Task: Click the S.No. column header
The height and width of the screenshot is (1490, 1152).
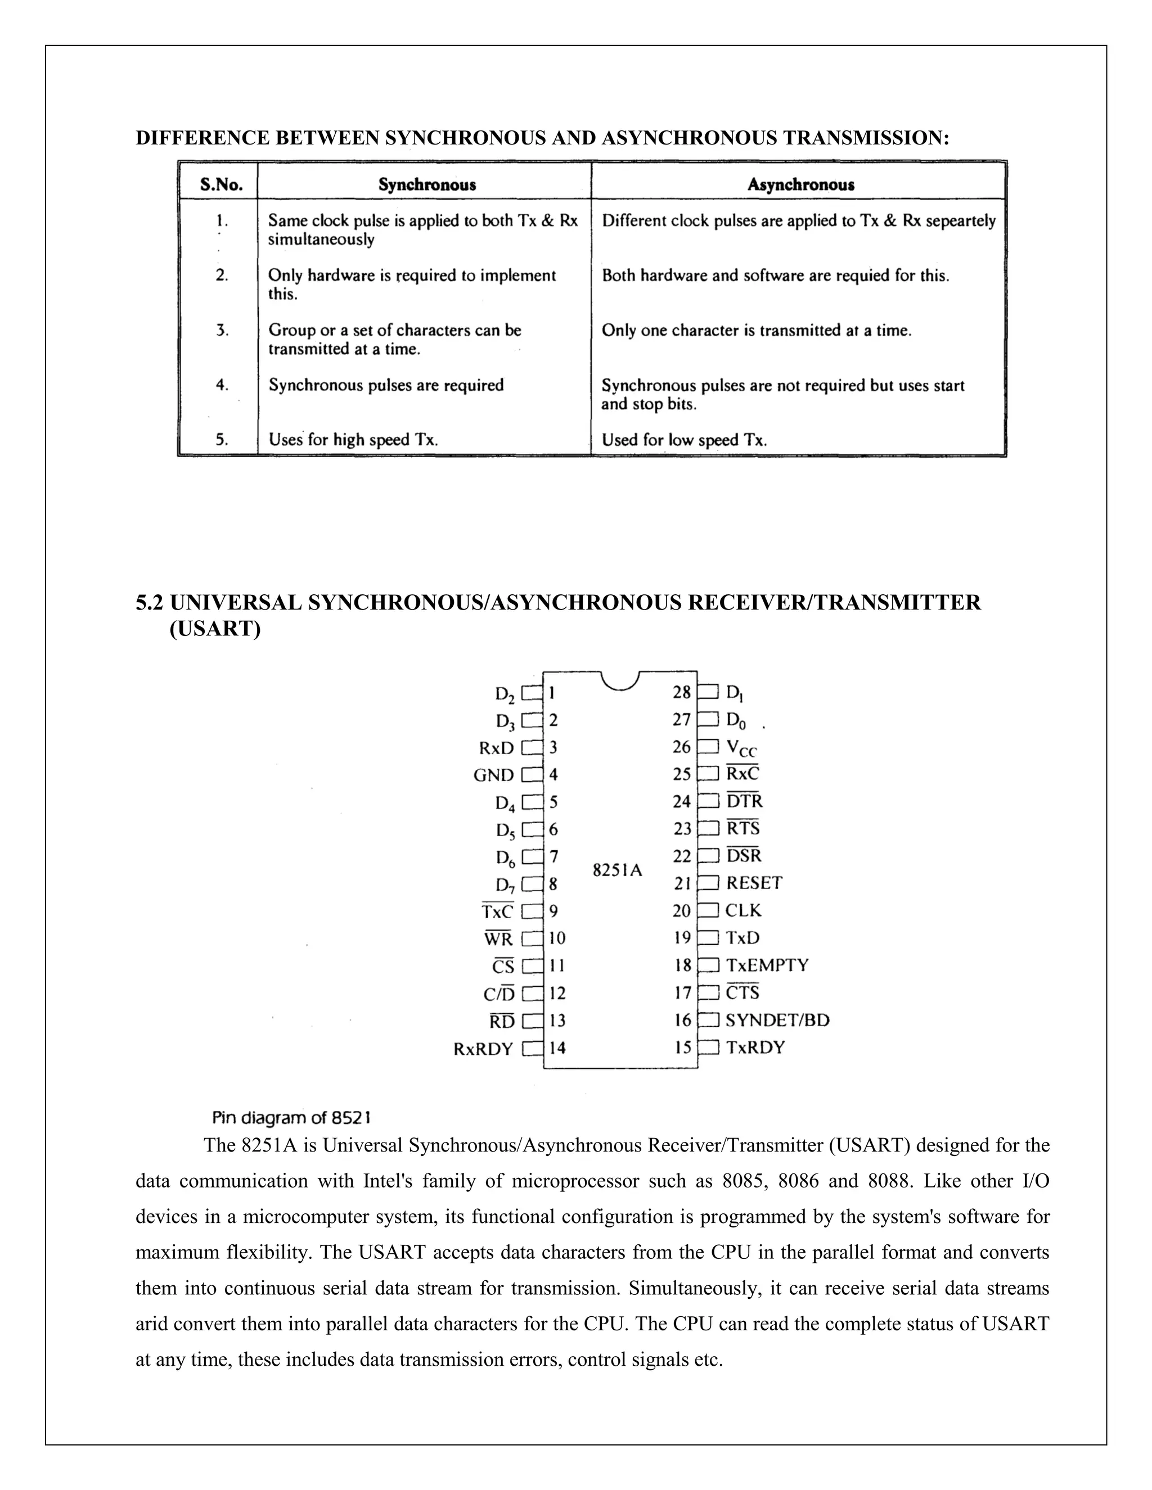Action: pyautogui.click(x=221, y=185)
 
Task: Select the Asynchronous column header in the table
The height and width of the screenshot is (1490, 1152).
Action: pyautogui.click(x=800, y=185)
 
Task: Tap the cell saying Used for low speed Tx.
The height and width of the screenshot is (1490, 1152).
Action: pyautogui.click(x=684, y=440)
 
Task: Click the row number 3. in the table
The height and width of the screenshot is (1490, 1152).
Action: pyautogui.click(x=222, y=331)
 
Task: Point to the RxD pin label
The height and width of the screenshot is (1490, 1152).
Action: pyautogui.click(x=496, y=748)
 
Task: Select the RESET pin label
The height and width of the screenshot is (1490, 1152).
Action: pyautogui.click(x=753, y=883)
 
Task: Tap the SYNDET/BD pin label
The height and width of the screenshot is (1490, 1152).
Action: pyautogui.click(x=777, y=1020)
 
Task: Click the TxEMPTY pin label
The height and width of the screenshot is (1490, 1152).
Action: pyautogui.click(x=767, y=965)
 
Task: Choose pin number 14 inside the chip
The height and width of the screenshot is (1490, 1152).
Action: pyautogui.click(x=557, y=1048)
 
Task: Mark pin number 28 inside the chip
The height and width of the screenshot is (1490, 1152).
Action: pyautogui.click(x=682, y=693)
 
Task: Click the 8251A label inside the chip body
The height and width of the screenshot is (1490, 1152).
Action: pyautogui.click(x=618, y=870)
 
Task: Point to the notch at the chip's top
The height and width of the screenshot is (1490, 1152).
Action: pyautogui.click(x=620, y=680)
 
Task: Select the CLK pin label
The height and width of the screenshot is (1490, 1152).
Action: pyautogui.click(x=743, y=911)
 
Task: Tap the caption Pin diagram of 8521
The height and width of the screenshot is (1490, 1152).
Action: pyautogui.click(x=291, y=1118)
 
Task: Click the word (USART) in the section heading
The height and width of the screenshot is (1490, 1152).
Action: pyautogui.click(x=215, y=629)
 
